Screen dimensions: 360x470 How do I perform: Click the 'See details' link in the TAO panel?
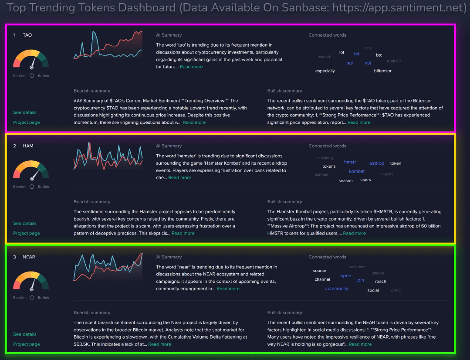25,112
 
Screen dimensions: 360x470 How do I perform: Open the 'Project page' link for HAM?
27,233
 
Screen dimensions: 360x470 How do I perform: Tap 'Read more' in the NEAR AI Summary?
228,289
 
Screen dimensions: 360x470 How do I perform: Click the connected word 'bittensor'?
382,71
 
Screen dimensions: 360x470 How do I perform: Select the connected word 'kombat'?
357,171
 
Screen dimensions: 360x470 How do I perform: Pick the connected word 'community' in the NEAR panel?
337,289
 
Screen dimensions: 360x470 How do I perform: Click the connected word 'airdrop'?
377,163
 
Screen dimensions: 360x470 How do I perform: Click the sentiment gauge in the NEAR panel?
31,282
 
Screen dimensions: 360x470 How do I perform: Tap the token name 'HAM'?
28,146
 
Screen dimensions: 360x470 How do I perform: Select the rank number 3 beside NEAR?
14,257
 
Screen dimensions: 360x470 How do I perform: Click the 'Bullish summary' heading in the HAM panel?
284,202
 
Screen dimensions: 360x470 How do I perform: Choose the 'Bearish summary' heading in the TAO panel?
92,91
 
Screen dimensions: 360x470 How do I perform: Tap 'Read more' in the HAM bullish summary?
354,233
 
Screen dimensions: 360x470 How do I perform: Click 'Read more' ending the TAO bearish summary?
194,122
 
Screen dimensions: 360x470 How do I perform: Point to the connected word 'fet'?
357,54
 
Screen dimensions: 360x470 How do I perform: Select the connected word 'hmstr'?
350,162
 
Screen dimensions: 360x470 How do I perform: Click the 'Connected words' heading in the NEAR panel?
327,257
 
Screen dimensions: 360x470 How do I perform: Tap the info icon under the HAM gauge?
32,187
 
